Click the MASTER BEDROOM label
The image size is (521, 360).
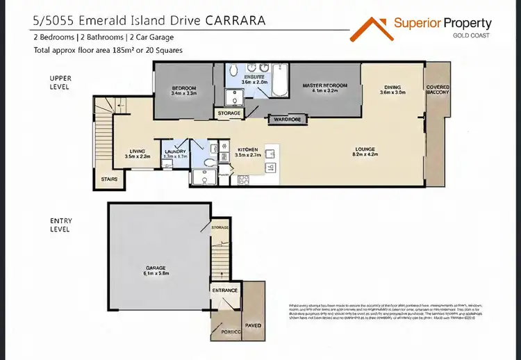324,85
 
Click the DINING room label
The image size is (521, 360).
392,88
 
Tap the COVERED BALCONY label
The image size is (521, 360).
438,90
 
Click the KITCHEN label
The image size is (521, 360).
248,149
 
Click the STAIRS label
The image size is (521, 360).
108,179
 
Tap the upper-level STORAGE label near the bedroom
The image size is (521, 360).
229,113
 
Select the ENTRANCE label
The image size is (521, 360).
225,291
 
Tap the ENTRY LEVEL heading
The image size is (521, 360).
61,224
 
